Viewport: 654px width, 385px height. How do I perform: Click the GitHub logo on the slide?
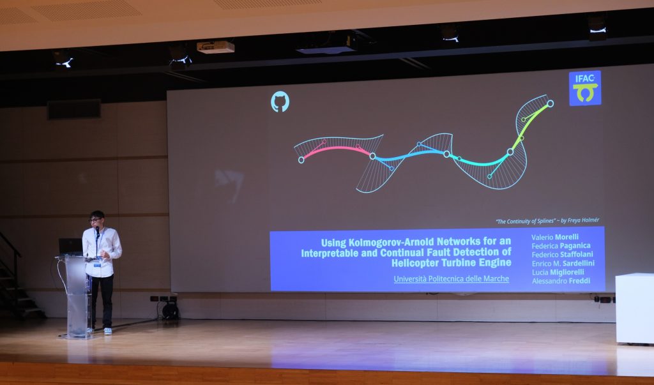[x=280, y=102]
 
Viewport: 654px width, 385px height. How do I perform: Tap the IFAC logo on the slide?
[x=585, y=88]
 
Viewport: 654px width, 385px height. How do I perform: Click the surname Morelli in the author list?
[x=567, y=237]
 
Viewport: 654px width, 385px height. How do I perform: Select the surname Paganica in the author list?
[x=575, y=246]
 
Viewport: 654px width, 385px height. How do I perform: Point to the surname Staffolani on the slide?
[x=577, y=255]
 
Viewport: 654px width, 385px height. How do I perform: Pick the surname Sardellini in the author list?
[x=579, y=263]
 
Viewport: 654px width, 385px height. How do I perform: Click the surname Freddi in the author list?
[x=579, y=281]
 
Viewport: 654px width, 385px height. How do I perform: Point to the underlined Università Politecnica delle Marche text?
[x=452, y=278]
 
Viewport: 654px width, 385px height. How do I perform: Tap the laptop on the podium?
[x=70, y=246]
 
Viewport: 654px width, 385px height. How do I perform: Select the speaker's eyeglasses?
[x=95, y=220]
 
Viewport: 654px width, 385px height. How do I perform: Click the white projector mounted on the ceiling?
[x=216, y=47]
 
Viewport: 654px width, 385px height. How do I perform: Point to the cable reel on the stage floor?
[x=170, y=311]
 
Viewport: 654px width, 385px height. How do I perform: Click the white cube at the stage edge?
[x=634, y=308]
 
